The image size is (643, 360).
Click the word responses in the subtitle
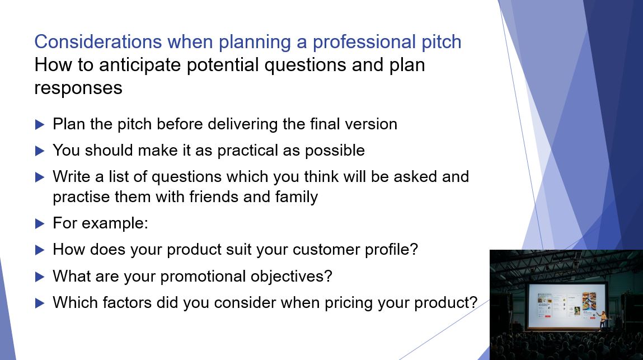pos(78,88)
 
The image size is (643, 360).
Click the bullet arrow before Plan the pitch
pos(39,124)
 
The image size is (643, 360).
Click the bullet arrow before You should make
pos(39,151)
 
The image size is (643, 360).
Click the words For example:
pos(100,223)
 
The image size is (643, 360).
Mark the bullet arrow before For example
pos(39,223)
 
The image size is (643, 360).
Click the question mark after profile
pos(414,249)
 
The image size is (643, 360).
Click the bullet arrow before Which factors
pos(39,303)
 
